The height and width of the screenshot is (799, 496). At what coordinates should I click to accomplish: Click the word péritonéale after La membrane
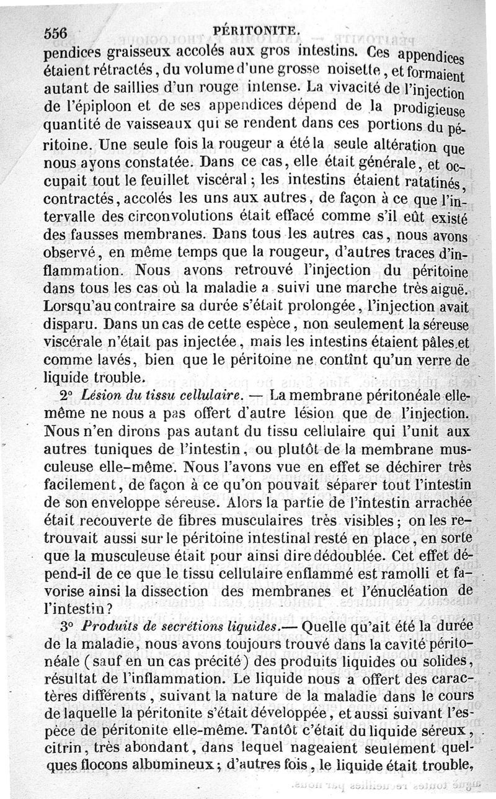(x=389, y=396)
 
